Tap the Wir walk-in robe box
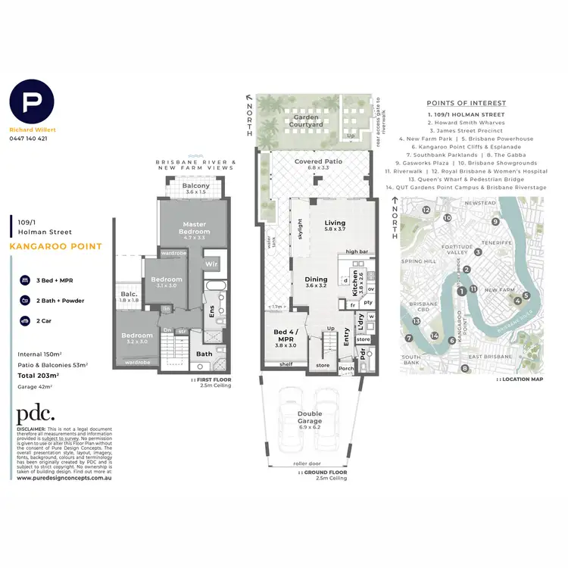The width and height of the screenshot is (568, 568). coord(213,264)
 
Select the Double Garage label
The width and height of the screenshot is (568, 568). coord(309,418)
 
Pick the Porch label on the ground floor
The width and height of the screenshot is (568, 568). coord(346,369)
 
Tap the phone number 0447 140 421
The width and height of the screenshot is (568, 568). coord(28,139)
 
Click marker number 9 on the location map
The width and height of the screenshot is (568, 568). coord(495,221)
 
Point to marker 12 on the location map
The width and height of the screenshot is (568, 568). coord(426,210)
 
